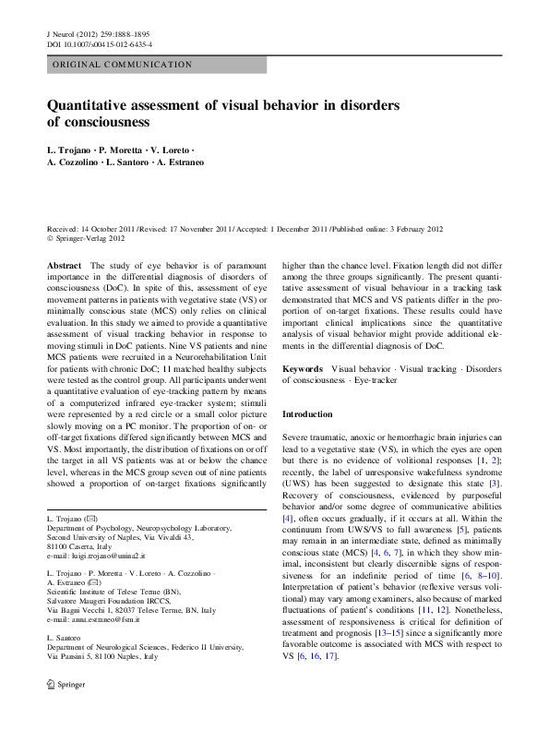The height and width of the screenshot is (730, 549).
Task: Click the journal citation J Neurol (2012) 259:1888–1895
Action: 100,31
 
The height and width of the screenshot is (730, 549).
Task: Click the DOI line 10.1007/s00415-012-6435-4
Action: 100,43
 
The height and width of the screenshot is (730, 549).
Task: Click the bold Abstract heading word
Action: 65,266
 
